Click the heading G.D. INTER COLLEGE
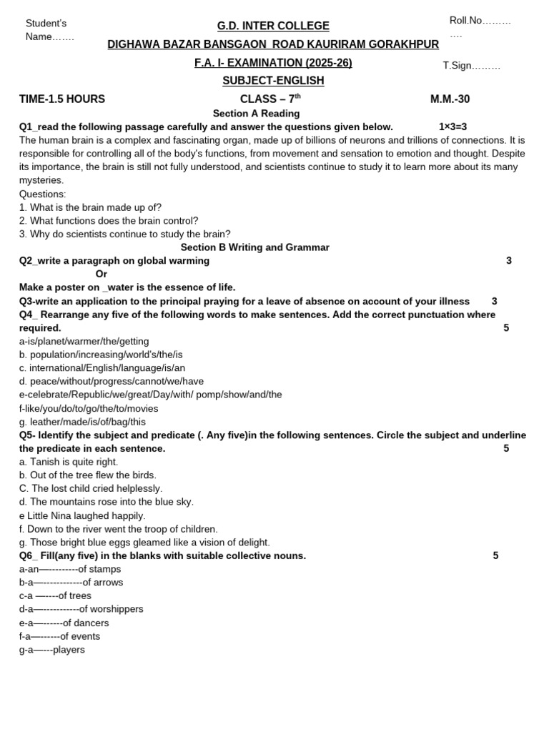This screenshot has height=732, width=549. (273, 26)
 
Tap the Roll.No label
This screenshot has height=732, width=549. (480, 21)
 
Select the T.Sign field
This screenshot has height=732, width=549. (471, 66)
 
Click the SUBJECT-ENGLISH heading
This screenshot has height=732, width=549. (273, 81)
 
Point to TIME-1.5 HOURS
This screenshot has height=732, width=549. (62, 99)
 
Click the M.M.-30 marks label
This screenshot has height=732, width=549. (450, 99)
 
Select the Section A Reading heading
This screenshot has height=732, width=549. (256, 114)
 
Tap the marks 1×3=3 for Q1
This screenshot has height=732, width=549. (452, 127)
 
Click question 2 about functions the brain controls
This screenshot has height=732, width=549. (109, 221)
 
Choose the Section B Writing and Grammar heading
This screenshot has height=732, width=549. (254, 247)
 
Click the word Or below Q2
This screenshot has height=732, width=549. (102, 274)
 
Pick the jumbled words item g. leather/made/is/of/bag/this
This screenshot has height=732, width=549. (82, 422)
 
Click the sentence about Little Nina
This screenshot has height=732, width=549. (82, 515)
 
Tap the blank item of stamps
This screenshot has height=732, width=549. (70, 569)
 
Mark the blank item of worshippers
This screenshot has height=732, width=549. (81, 609)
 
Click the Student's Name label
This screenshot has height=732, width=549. (49, 30)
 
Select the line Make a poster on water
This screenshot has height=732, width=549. (127, 287)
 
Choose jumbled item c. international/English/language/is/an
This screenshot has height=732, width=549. (102, 368)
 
